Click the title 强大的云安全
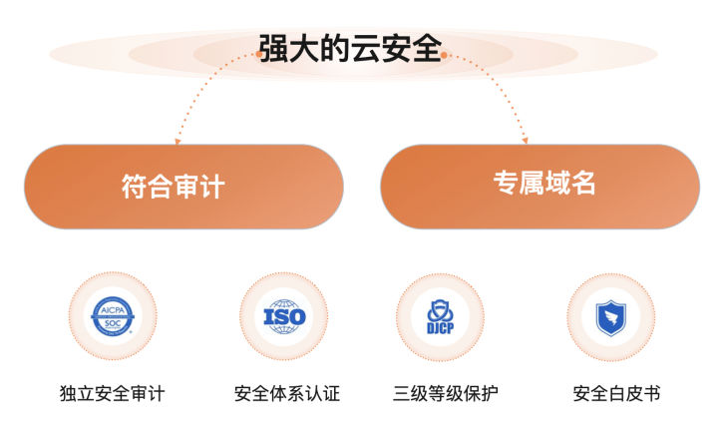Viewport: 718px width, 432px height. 350,46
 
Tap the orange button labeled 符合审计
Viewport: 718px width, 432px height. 183,187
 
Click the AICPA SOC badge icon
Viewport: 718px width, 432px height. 113,317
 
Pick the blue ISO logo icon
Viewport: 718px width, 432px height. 284,317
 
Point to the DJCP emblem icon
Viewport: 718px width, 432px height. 441,317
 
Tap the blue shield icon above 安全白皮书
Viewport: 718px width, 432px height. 610,317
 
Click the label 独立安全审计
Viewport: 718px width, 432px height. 113,393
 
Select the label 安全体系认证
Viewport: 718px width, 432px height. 286,393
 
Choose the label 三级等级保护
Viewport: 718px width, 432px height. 446,393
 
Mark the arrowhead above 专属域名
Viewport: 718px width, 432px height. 526,141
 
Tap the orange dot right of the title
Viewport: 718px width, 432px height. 444,56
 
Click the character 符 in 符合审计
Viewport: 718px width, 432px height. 135,187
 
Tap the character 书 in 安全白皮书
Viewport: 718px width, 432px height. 651,393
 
